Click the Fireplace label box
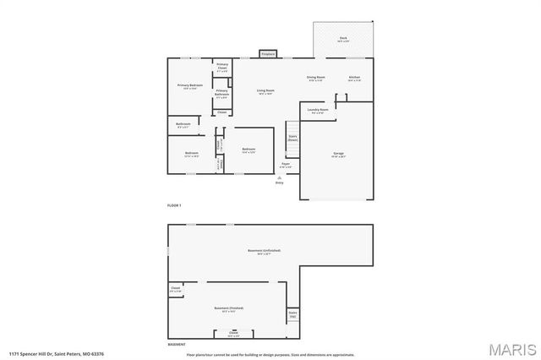click(x=267, y=54)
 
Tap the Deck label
click(x=343, y=40)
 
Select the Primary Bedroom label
click(x=189, y=86)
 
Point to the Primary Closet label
click(x=222, y=67)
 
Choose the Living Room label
click(x=265, y=91)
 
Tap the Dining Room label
click(x=316, y=79)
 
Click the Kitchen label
click(x=354, y=79)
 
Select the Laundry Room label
click(x=319, y=111)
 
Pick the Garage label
click(x=337, y=155)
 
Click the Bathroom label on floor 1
click(x=183, y=125)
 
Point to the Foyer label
click(x=285, y=165)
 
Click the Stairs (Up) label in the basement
click(x=292, y=314)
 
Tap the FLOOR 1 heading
click(x=174, y=205)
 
